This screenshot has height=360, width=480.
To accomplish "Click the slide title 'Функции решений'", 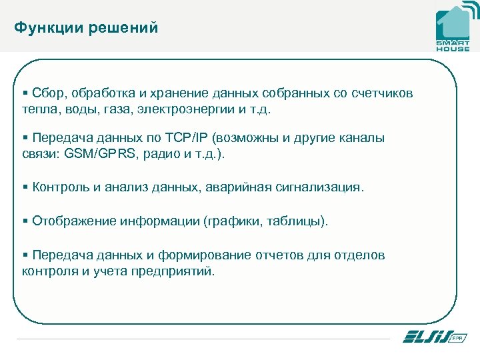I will (x=86, y=28).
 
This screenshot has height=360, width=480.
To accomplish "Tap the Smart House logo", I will (x=453, y=28).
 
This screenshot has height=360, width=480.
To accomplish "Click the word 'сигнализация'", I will (x=319, y=187).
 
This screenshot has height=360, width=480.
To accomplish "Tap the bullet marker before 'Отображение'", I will (x=25, y=221).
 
